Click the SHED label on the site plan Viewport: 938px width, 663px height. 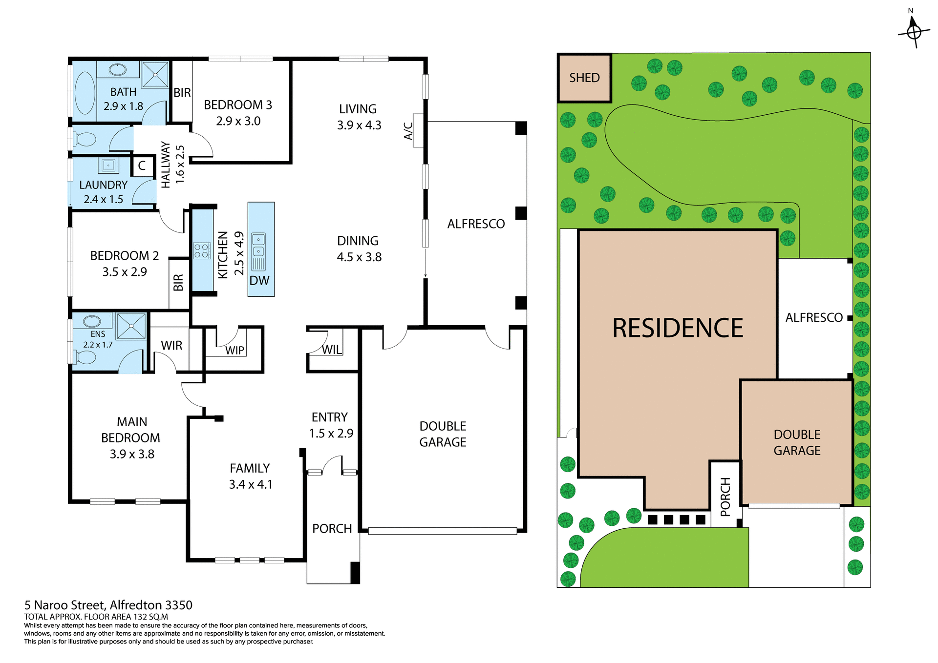[584, 78]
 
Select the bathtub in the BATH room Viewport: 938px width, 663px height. [85, 93]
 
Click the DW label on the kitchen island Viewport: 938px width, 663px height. [259, 281]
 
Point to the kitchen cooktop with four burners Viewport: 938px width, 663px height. [201, 251]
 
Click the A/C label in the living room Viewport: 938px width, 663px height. [408, 131]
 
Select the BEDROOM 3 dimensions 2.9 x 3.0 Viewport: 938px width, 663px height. [238, 121]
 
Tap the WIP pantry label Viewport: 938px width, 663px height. [234, 350]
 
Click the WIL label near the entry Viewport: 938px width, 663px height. [332, 350]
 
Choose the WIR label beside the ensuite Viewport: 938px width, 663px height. [171, 346]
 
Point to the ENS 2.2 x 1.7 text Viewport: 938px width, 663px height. [98, 339]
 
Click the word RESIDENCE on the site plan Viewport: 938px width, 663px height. [678, 328]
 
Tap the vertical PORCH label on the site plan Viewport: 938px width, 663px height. [725, 497]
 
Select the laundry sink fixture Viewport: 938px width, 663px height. [108, 165]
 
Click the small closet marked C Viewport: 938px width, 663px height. [142, 166]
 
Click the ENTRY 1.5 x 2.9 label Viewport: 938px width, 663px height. [331, 425]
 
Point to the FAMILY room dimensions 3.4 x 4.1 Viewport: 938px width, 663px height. [251, 484]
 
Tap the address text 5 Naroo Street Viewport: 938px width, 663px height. [108, 605]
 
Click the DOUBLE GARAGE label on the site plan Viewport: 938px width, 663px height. [797, 442]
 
